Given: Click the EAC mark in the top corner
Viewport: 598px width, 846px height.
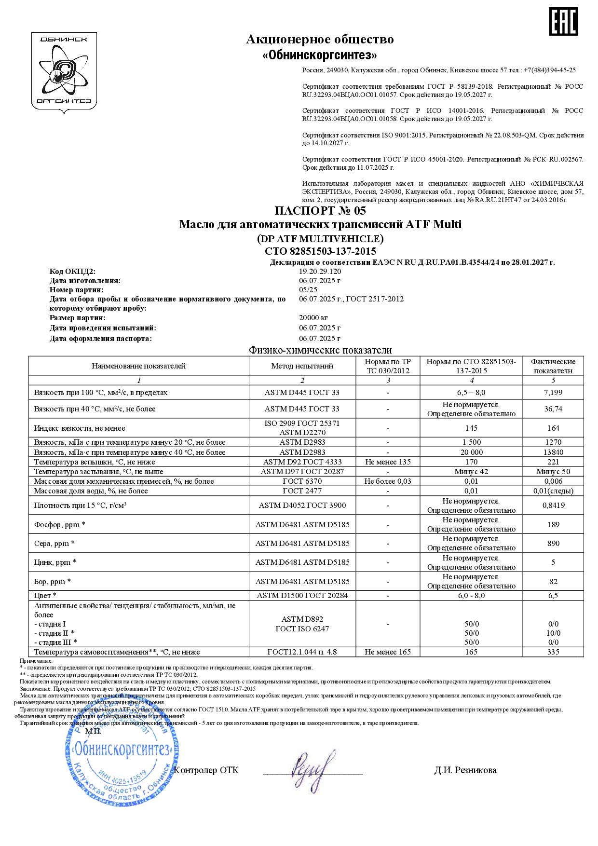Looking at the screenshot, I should [564, 22].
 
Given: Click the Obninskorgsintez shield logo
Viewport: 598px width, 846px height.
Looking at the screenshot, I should [64, 72].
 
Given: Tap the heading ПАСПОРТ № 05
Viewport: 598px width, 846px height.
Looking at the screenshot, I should [320, 211].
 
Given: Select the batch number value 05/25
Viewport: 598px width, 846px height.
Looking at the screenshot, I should [308, 290].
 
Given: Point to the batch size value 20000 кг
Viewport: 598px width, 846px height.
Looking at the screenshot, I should [313, 318].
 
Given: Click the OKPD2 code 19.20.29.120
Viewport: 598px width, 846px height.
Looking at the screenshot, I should [320, 272].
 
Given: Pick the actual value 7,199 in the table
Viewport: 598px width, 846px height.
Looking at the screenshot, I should [553, 393].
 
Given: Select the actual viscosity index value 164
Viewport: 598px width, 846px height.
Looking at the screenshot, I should [553, 428].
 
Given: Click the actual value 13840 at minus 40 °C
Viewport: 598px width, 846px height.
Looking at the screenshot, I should [553, 452].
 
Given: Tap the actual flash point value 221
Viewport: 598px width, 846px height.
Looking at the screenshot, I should [553, 462].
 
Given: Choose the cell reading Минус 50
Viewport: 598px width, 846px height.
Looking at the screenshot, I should [553, 472].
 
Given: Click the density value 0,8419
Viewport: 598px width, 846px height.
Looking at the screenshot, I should [553, 505].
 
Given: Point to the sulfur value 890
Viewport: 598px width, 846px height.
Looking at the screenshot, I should [553, 544].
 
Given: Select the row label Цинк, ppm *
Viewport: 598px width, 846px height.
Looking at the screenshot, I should [55, 562].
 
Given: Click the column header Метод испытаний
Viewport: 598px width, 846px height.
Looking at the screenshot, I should [302, 366].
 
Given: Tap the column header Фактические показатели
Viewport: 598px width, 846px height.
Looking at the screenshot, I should [553, 366].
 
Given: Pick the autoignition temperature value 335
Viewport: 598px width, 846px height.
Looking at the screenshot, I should [553, 652].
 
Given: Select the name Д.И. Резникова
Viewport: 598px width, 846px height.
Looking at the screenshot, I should [465, 770].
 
